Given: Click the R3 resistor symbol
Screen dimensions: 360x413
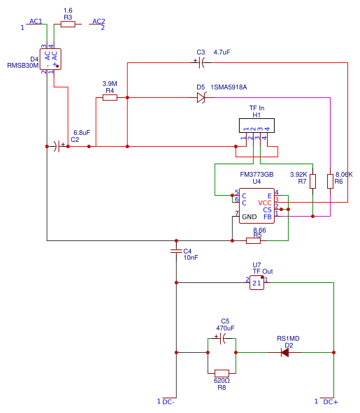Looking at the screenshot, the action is point(68,24).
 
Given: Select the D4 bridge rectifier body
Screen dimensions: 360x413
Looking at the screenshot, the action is point(50,59).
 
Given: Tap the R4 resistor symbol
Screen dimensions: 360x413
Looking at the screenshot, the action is point(110,98).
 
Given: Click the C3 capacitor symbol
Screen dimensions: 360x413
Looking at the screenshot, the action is point(201,63).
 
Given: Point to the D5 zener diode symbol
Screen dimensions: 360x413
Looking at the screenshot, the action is point(201,98).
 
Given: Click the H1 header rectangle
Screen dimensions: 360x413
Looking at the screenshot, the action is point(257,125).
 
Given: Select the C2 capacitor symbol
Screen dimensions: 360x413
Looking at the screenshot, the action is point(57,147).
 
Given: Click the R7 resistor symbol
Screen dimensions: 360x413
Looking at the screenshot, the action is point(313,181).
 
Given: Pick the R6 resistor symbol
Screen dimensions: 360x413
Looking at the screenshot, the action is point(330,181).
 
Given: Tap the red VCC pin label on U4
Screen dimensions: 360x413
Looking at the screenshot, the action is point(265,203).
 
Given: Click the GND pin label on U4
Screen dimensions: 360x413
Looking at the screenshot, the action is point(250,217).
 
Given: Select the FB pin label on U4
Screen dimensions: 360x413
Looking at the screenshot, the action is point(268,217).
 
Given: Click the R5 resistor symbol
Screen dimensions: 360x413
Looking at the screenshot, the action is point(253,240).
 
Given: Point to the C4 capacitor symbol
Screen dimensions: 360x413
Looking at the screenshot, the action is point(176,251).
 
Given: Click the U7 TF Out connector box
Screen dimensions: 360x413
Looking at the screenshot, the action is point(257,283).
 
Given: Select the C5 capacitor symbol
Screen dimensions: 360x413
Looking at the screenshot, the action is point(222,338).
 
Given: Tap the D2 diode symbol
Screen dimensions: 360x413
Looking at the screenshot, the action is point(285,352).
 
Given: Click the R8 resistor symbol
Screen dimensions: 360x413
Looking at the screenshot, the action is point(222,373).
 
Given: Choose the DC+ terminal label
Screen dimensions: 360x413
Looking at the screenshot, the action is point(331,402).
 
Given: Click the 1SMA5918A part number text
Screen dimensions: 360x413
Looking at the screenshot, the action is point(229,87).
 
